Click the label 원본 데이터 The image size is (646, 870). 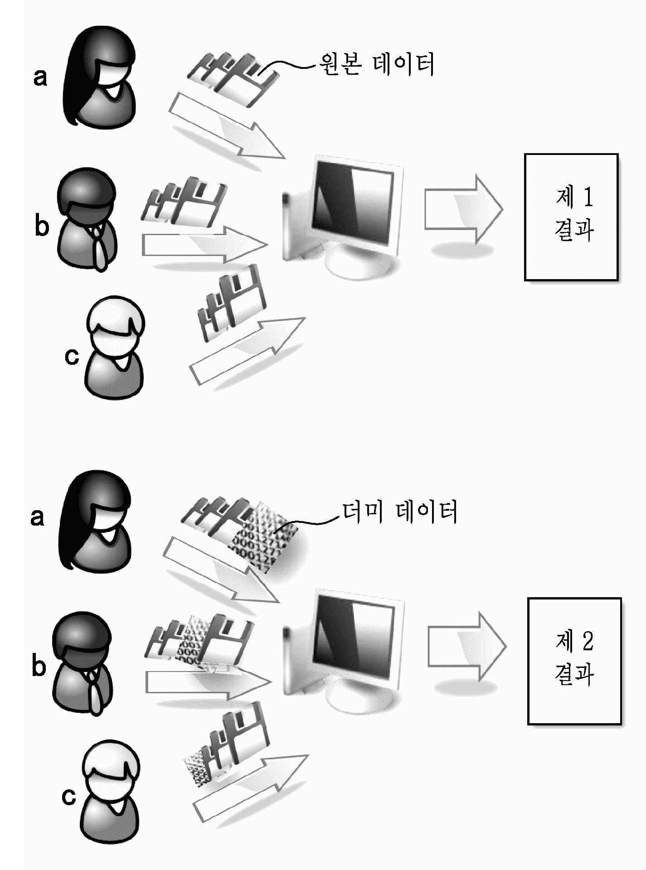(x=377, y=64)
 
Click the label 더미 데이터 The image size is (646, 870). (x=399, y=512)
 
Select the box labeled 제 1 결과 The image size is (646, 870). (x=571, y=217)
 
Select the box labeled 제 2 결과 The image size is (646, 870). (x=574, y=661)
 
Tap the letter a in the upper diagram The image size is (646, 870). (x=40, y=77)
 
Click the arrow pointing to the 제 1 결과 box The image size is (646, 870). (x=463, y=210)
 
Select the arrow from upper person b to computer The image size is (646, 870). (x=204, y=245)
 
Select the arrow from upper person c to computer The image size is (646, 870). (x=247, y=351)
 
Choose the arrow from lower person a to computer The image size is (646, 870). (x=221, y=570)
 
